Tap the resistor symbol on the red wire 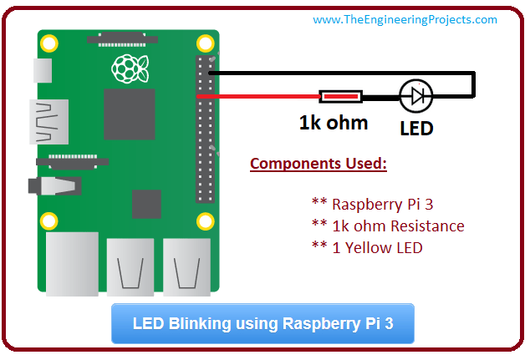tap(341, 97)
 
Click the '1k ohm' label tap(334, 123)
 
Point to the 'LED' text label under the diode tap(416, 129)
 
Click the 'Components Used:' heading tap(319, 163)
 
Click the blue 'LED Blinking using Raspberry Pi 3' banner tap(262, 323)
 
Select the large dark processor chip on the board tap(129, 113)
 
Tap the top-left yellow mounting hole tap(50, 42)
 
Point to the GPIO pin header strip tap(205, 129)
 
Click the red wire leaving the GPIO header tap(259, 97)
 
